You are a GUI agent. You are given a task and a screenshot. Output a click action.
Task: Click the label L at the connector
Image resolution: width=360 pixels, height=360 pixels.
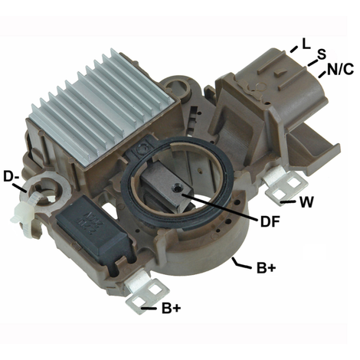[306, 44]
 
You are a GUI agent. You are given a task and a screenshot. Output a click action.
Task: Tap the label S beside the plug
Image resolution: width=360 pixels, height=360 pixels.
[322, 54]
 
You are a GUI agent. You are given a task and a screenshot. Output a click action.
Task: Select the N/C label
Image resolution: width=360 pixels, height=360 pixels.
[340, 69]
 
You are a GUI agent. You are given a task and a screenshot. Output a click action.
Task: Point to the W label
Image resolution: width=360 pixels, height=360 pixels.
[306, 202]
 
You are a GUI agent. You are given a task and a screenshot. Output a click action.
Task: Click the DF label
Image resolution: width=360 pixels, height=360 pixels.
[270, 221]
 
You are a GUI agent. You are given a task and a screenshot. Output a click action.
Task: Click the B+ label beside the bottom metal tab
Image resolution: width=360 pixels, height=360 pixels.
[172, 308]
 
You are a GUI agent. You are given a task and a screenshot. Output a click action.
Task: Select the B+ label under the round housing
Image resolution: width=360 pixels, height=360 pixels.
[267, 268]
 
